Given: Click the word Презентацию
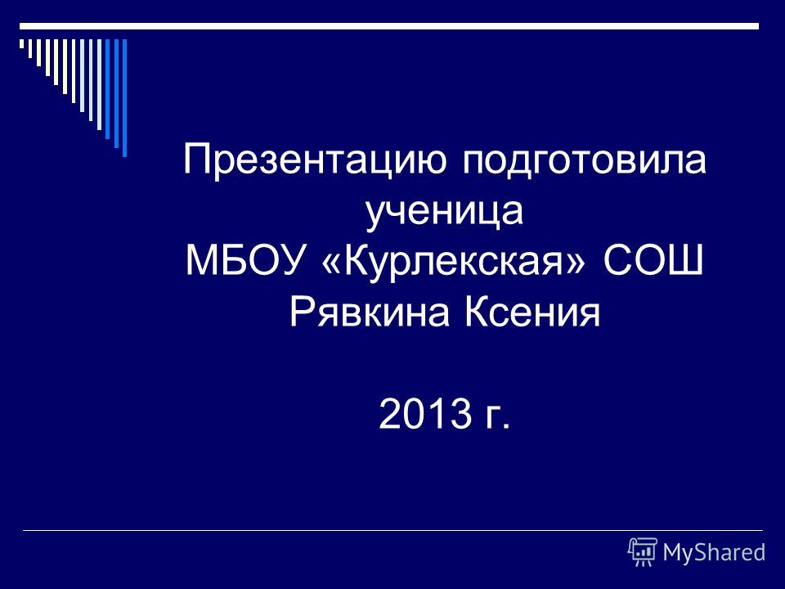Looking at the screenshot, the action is tap(314, 160).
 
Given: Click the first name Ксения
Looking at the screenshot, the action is tap(532, 312).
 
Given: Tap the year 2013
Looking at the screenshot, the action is tap(425, 414).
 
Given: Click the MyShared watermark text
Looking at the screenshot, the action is tap(714, 552).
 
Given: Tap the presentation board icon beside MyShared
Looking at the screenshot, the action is tap(643, 551).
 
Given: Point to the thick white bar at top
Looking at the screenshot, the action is tap(389, 26).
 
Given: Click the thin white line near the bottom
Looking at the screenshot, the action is tap(392, 530).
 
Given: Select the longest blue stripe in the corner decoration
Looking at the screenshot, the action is tap(124, 98).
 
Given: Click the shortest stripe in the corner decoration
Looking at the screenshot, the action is tap(21, 43).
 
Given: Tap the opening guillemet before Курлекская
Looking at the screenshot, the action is tap(334, 263).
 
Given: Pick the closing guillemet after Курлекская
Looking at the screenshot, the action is tap(575, 263).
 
